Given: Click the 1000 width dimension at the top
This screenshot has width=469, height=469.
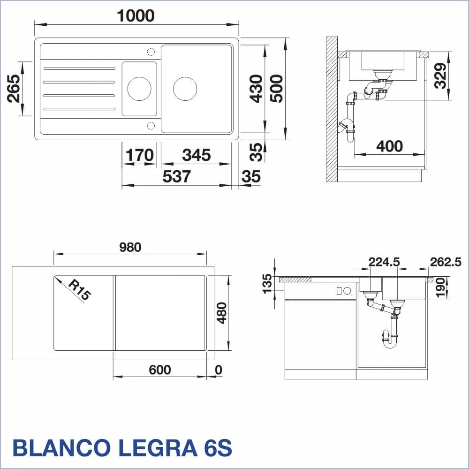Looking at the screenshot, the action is pos(136,15).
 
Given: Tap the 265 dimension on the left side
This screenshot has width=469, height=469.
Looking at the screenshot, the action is pos(14,89).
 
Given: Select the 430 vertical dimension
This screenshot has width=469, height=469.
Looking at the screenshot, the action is pos(257,89).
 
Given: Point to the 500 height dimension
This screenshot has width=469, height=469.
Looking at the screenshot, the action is pos(276,89).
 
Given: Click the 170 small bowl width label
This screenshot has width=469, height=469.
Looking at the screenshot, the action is pos(139,155).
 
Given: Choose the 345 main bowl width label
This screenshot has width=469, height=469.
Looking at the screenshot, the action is pos(197,155).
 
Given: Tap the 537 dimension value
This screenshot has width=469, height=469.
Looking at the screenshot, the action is pos(176,176).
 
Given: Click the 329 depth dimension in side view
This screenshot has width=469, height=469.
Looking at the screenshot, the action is pos(440,76).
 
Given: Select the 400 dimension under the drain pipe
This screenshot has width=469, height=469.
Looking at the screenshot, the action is pos(389,146).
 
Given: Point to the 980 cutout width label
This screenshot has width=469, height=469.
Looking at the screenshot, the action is pos(130,247).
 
